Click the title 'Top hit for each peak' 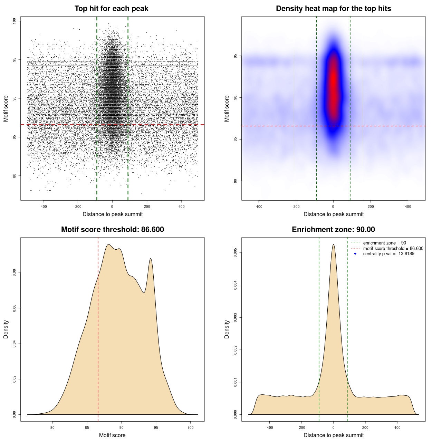[x=112, y=9]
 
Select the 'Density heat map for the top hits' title [x=333, y=9]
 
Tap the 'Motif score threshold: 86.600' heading [x=112, y=230]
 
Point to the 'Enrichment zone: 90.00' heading [x=333, y=230]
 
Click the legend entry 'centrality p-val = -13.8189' [x=388, y=254]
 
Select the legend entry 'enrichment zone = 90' [x=384, y=243]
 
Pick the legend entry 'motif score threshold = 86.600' [x=393, y=249]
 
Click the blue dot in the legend [x=355, y=254]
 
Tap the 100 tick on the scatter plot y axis [x=15, y=21]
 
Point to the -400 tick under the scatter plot [x=43, y=206]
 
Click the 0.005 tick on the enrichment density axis [x=236, y=253]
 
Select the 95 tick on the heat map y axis [x=236, y=56]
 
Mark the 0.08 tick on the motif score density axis [x=15, y=273]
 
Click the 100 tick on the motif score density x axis [x=191, y=427]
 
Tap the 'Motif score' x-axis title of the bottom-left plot [x=112, y=435]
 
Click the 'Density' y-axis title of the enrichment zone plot [x=227, y=329]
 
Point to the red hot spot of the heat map [x=333, y=86]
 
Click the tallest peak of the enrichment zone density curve [x=333, y=245]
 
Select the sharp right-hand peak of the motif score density [x=151, y=259]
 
